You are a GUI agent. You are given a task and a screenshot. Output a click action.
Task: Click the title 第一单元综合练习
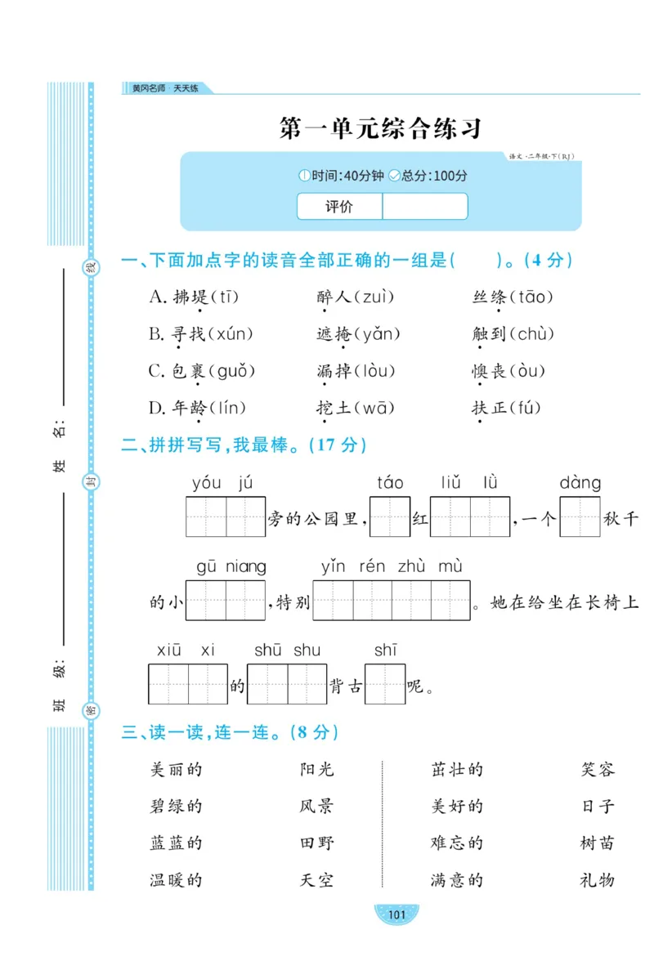[x=380, y=128]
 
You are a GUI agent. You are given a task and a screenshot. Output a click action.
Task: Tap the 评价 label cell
[x=339, y=207]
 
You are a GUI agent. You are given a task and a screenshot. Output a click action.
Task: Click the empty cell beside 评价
[x=424, y=207]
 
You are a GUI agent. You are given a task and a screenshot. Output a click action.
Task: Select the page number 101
[x=396, y=914]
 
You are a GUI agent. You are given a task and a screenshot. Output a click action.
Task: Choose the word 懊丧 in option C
[x=490, y=371]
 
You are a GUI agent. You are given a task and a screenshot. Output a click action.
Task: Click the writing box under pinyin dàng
[x=580, y=516]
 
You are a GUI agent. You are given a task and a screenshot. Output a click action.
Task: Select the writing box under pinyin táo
[x=390, y=516]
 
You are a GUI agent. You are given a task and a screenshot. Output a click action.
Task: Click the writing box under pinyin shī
[x=385, y=684]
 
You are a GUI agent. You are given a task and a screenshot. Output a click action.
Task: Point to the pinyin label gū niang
[x=231, y=566]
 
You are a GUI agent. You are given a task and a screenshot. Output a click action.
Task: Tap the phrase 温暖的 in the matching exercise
[x=176, y=880]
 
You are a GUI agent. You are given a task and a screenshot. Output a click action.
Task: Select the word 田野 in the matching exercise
[x=316, y=843]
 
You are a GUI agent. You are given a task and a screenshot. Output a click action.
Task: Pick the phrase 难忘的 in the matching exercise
[x=457, y=843]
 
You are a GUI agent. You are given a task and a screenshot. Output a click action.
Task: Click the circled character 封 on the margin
[x=91, y=484]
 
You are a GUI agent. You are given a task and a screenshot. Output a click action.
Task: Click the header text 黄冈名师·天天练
[x=160, y=88]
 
